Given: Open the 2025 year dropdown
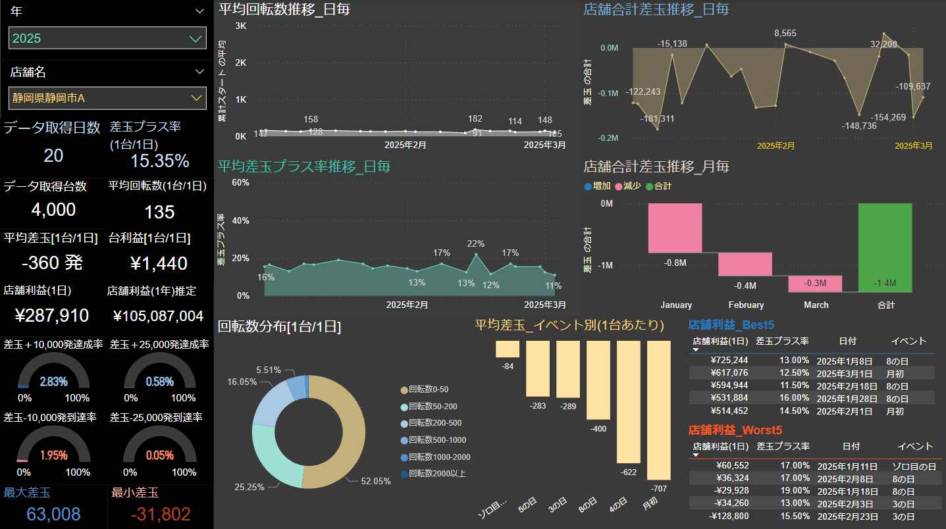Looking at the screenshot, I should tap(107, 38).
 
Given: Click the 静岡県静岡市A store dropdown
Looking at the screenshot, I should tap(107, 98).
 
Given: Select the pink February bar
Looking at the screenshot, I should tap(745, 264).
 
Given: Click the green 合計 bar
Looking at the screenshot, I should tap(885, 247).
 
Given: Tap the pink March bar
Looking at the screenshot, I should tap(815, 284).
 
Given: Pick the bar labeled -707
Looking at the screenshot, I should tap(659, 410).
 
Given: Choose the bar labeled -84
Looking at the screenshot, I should tap(508, 349).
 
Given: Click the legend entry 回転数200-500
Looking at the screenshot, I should tap(435, 423).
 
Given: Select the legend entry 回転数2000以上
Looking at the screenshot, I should tap(437, 474).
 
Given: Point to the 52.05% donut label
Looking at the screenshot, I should tap(376, 481).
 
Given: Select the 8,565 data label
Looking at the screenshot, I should tap(785, 33).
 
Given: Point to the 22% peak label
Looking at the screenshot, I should tap(475, 243).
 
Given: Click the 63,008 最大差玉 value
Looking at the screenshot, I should tap(54, 514).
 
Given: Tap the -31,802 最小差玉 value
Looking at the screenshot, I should tap(160, 514).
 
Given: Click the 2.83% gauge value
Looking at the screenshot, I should tap(53, 382).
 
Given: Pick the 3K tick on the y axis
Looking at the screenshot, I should tap(240, 26).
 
